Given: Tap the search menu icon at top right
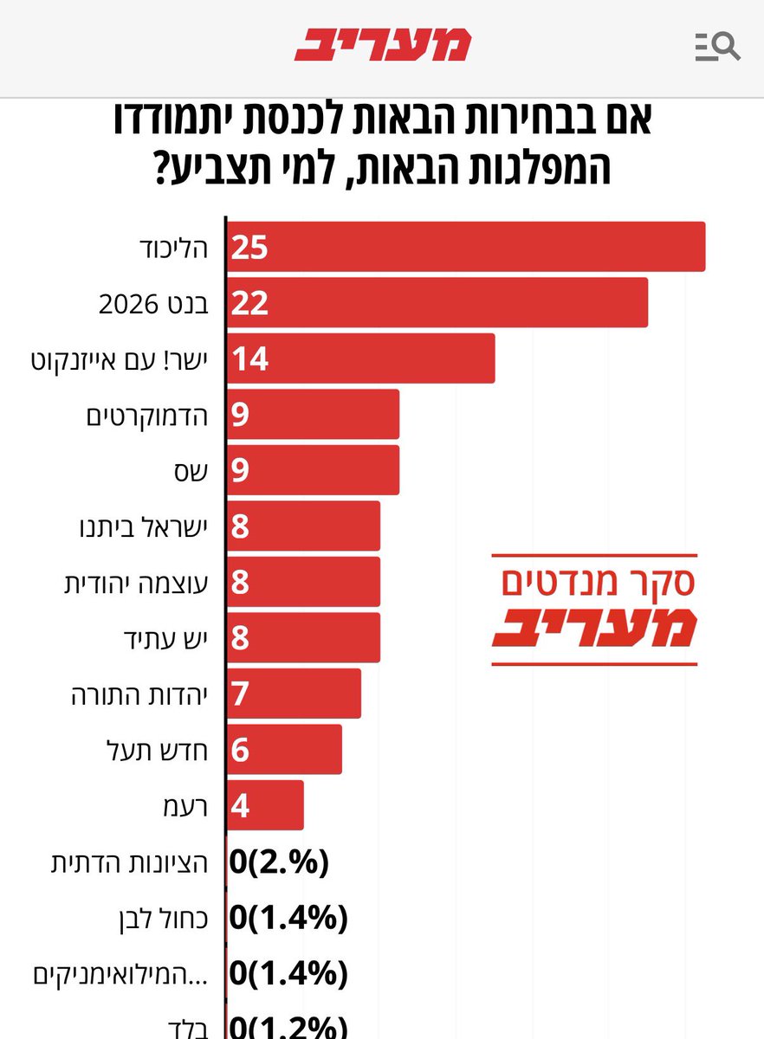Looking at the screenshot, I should tap(717, 46).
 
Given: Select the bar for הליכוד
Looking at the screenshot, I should tap(466, 247).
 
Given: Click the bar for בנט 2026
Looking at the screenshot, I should tap(437, 303).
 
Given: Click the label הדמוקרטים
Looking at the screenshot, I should tap(147, 415).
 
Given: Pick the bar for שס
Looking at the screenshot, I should tap(314, 470).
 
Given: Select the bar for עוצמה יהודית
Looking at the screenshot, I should tap(304, 582).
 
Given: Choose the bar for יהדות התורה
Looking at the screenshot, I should tap(295, 694).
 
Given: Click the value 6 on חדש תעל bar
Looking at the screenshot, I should tap(240, 750).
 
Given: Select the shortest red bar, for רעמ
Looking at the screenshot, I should tap(265, 805).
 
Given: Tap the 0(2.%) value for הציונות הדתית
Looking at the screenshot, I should tap(280, 862).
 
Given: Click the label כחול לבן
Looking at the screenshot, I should tap(159, 918).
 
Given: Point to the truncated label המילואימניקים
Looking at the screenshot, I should tap(121, 973).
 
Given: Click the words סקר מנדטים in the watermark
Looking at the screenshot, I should tap(598, 583).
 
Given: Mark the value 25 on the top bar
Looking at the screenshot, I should tap(249, 248).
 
